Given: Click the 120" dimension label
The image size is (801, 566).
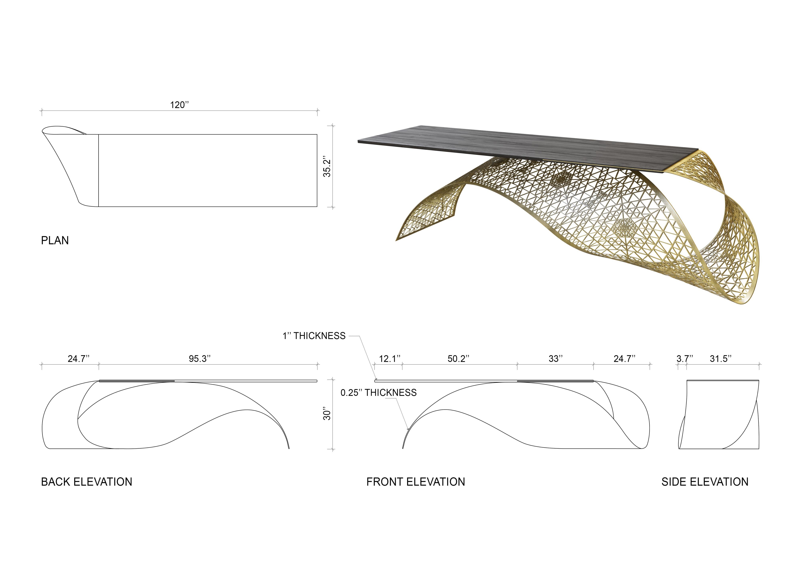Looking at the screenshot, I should pos(179,105).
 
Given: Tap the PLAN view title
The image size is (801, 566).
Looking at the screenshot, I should pos(55,240).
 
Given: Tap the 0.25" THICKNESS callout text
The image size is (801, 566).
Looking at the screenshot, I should pos(378,393).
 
